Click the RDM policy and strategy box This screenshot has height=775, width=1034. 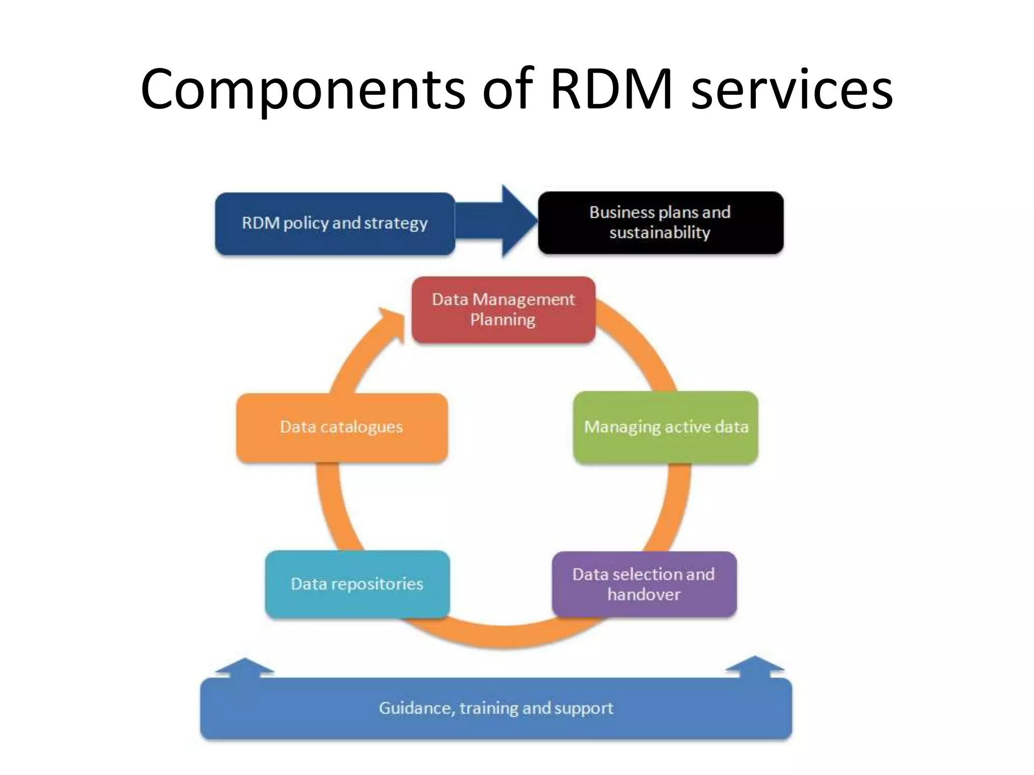click(335, 224)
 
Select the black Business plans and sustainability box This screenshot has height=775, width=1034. click(660, 223)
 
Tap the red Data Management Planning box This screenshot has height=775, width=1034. click(503, 310)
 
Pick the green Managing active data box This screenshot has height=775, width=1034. click(665, 427)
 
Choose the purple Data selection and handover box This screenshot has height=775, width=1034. click(644, 584)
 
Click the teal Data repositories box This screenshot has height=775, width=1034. click(357, 584)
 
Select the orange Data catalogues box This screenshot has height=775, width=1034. click(342, 427)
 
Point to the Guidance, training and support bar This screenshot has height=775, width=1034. click(496, 708)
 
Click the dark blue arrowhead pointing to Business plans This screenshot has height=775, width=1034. click(518, 221)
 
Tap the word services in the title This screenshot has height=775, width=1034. click(792, 90)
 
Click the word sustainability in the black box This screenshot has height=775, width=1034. click(659, 233)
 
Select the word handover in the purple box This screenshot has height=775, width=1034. click(644, 594)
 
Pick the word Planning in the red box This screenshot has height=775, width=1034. click(502, 320)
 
